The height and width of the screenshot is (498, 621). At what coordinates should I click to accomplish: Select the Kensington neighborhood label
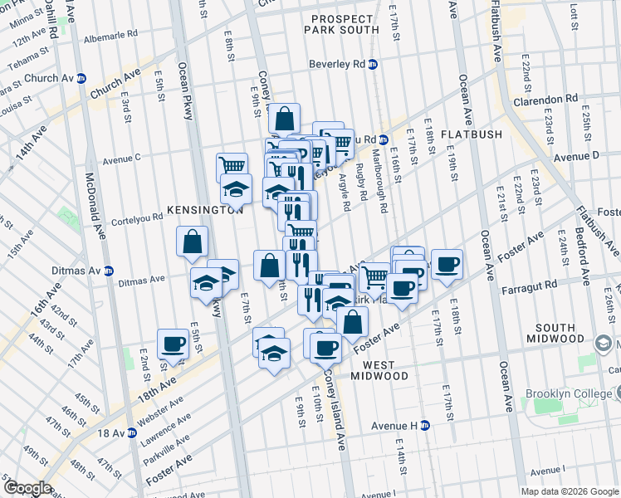(204, 211)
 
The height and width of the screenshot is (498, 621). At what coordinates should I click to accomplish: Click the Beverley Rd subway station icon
(374, 64)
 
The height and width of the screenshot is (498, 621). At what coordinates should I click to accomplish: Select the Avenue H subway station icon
(425, 425)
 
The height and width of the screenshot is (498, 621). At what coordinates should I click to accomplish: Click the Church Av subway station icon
(81, 79)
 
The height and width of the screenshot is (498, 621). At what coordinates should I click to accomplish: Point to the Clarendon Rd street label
(544, 100)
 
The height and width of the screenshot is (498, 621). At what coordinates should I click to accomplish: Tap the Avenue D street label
(576, 156)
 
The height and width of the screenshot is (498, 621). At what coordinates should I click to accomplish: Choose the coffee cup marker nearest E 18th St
(447, 263)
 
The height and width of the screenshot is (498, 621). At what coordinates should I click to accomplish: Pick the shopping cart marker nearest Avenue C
(232, 166)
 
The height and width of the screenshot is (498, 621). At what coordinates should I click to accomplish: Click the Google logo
(27, 488)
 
